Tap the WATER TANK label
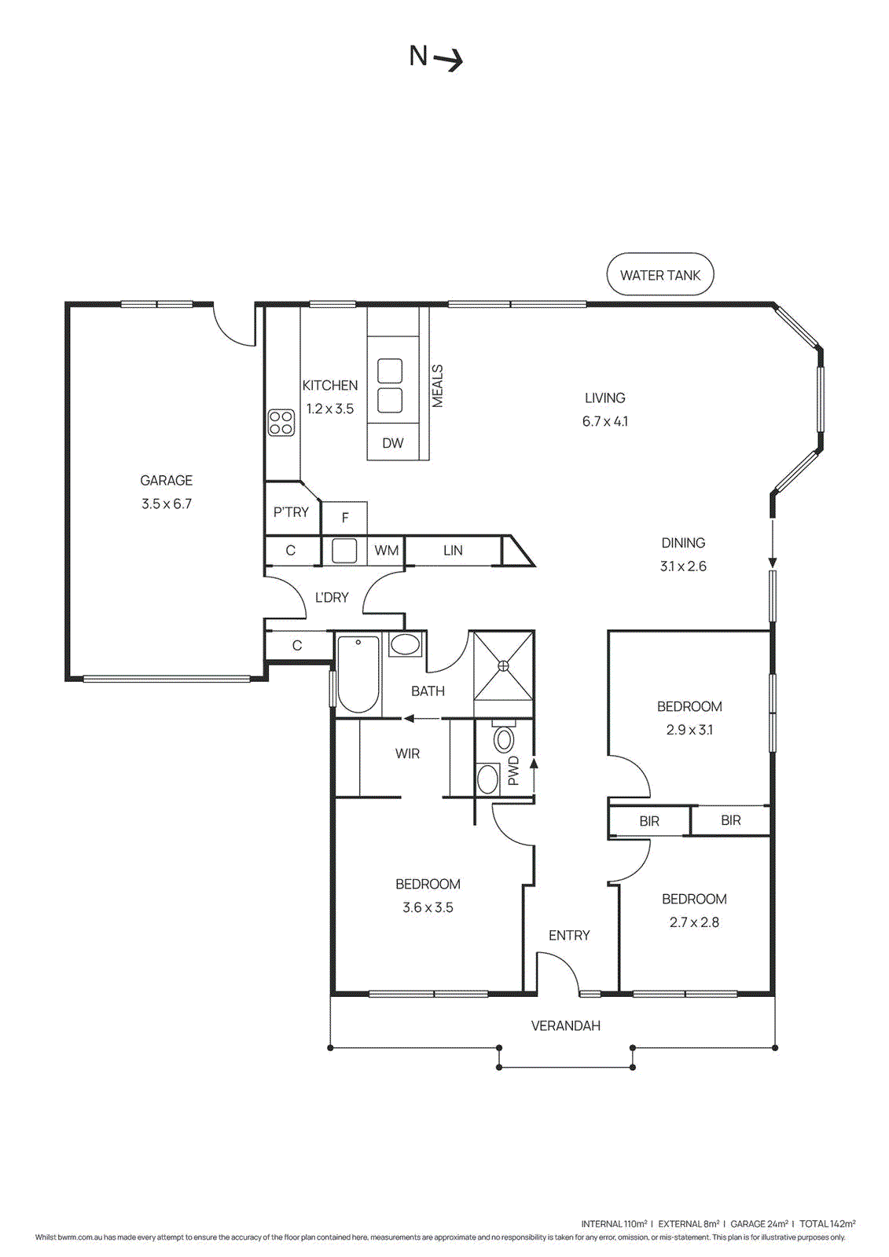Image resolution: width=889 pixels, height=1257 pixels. [659, 275]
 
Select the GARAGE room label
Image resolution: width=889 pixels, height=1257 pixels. [166, 480]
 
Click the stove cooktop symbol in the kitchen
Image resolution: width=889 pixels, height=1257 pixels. [281, 423]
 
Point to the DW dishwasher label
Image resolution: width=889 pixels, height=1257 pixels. [393, 443]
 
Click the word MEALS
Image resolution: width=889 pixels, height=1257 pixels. [438, 386]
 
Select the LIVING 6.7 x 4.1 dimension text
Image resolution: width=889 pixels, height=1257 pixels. [604, 421]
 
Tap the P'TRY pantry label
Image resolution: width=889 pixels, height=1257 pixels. [291, 512]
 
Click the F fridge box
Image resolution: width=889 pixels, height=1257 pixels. [344, 518]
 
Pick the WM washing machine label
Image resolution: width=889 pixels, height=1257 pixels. [386, 551]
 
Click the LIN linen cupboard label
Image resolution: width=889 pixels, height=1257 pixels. [453, 551]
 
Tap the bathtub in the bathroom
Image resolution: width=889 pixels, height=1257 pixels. [358, 673]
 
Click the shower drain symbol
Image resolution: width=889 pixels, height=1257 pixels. [503, 665]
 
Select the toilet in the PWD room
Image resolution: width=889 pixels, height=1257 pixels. [504, 739]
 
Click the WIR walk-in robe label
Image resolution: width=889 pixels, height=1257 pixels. [407, 753]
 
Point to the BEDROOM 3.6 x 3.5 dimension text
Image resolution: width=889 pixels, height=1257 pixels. [428, 907]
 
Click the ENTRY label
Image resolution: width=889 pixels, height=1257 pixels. [569, 935]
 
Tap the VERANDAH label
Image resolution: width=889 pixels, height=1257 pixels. [565, 1026]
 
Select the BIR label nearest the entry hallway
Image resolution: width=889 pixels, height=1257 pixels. [649, 822]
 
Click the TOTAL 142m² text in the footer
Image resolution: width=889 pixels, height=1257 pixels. [827, 1223]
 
